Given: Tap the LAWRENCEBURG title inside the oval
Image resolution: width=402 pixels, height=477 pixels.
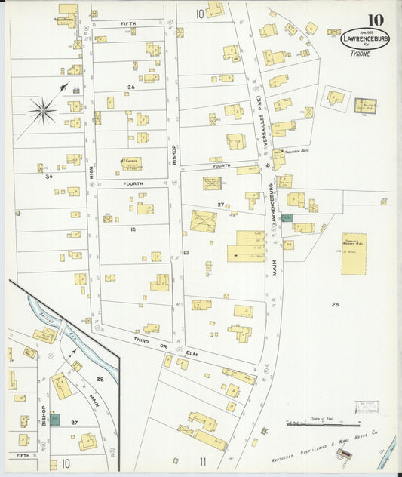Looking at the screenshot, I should pyautogui.click(x=365, y=38).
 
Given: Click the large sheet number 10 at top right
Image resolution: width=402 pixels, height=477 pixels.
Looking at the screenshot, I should pyautogui.click(x=375, y=20).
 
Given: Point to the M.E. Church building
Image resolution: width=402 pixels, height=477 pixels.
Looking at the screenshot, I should pyautogui.click(x=130, y=163).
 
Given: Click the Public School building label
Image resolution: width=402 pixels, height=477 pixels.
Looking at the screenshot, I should pyautogui.click(x=66, y=20).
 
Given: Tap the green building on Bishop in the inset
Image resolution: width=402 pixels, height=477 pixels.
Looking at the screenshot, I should pyautogui.click(x=54, y=419).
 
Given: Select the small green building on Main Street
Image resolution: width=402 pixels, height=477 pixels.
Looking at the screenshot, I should pyautogui.click(x=287, y=217).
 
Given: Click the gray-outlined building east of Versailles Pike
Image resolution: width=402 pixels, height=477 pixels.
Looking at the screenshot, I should pyautogui.click(x=366, y=106).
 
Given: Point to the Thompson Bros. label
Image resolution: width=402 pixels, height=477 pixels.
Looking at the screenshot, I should pyautogui.click(x=300, y=150).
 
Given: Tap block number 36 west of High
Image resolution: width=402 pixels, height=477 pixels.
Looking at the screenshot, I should pyautogui.click(x=48, y=177).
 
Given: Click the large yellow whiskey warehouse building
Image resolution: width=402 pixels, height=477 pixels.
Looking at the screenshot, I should pyautogui.click(x=353, y=253).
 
